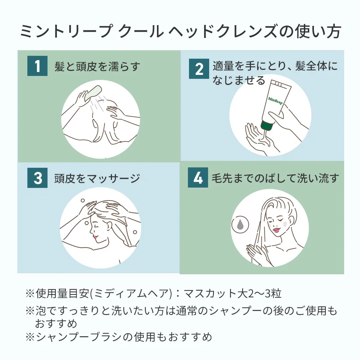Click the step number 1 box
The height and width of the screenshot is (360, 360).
(37, 66)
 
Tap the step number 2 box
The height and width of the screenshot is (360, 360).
(199, 69)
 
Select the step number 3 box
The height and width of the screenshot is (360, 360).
(37, 178)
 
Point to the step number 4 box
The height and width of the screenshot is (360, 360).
(198, 177)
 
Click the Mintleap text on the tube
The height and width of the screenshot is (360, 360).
(275, 100)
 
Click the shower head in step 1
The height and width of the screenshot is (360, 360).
(93, 93)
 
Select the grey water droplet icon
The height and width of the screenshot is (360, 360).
(240, 224)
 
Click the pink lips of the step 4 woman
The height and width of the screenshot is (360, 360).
(276, 229)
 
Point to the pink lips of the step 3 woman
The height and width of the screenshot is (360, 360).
(95, 236)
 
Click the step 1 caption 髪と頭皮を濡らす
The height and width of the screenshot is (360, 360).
(97, 67)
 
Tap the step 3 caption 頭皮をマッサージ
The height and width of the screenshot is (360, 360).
(97, 179)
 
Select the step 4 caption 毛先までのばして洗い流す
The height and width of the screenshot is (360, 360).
(275, 178)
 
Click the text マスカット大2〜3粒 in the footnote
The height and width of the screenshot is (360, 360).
(232, 294)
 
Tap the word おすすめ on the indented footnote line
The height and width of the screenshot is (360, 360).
(56, 324)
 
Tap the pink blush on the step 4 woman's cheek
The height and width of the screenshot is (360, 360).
(284, 224)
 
